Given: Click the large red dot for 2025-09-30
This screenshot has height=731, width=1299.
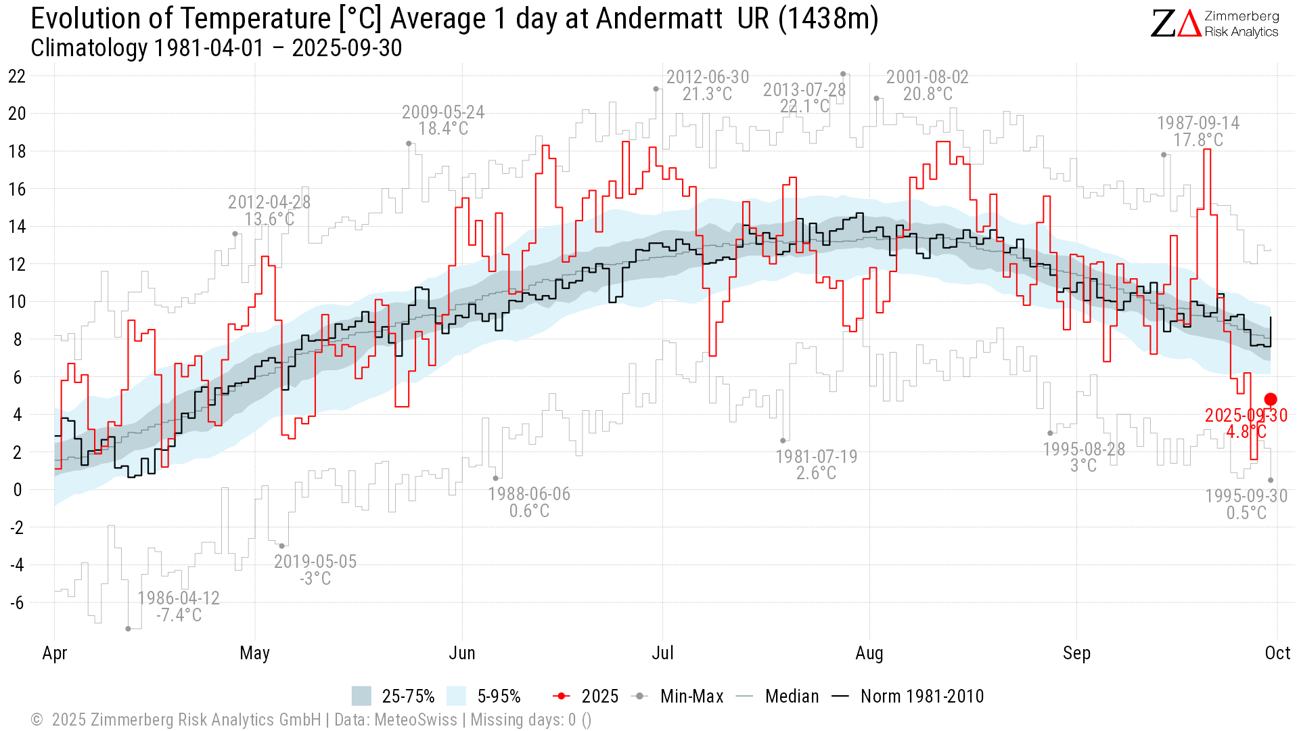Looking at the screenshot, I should [1271, 399].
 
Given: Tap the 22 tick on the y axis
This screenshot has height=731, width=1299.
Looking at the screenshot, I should [17, 76].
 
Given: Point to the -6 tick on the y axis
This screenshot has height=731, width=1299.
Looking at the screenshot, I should [17, 602].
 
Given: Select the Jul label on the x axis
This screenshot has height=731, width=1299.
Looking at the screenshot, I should [662, 653].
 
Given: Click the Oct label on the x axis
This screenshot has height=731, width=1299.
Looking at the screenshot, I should [1277, 653].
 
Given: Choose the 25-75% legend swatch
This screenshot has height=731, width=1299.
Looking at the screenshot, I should [361, 696].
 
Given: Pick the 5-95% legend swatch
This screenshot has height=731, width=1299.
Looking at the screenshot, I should [457, 696].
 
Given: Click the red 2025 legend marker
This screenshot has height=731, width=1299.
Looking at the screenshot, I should [562, 696].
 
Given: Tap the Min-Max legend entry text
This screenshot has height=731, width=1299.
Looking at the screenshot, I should [691, 696].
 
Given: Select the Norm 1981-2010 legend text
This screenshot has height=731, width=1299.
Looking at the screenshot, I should [922, 696].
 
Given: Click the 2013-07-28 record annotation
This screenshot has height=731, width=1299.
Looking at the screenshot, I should [804, 98].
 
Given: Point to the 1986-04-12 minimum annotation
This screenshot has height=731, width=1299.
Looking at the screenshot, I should [179, 606].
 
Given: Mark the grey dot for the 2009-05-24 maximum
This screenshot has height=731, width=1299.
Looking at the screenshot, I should [409, 143].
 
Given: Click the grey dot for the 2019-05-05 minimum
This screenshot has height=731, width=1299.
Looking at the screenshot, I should [282, 546].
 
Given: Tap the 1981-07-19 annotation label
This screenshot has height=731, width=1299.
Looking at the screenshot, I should [816, 465].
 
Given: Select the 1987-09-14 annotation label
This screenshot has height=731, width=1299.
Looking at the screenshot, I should [1198, 131].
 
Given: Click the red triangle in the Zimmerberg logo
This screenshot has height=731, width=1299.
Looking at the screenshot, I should [1189, 24].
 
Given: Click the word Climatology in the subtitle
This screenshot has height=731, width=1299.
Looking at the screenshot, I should [89, 48].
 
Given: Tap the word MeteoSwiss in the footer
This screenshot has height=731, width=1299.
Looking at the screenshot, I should [415, 719].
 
